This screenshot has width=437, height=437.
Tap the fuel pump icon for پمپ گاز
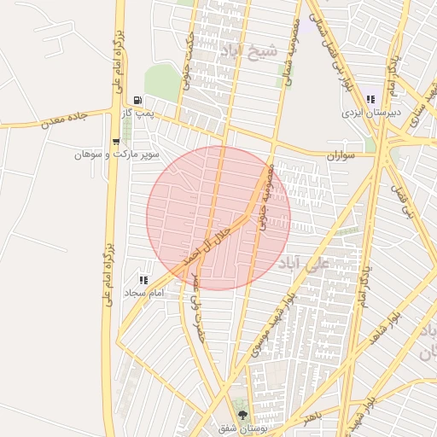pyautogui.click(x=138, y=101)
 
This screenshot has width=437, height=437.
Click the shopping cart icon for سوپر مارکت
pyautogui.click(x=115, y=142)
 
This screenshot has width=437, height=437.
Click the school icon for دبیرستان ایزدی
pyautogui.click(x=370, y=99)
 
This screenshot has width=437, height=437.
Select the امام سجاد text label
pyautogui.click(x=143, y=293)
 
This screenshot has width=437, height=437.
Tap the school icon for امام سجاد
pyautogui.click(x=143, y=279)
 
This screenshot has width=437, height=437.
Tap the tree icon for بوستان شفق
pyautogui.click(x=244, y=414)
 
